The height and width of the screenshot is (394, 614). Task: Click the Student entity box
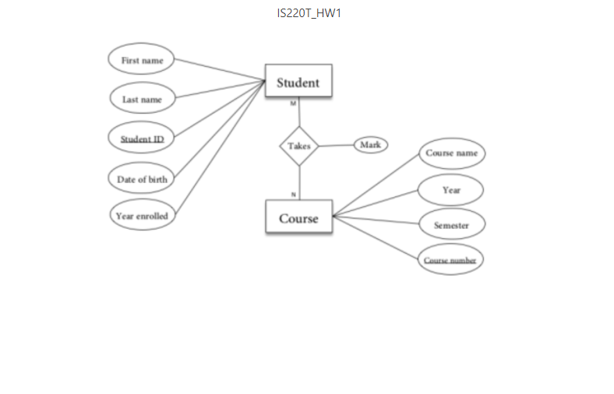(298, 82)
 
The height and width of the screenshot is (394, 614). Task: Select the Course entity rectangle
(298, 218)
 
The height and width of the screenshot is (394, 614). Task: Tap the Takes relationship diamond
(299, 146)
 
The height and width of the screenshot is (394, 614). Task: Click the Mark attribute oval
(371, 145)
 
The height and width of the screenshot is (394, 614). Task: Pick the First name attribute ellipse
(141, 60)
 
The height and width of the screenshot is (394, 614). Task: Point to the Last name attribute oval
(142, 99)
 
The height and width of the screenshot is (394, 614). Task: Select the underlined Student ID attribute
(142, 139)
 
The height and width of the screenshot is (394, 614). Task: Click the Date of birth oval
(142, 179)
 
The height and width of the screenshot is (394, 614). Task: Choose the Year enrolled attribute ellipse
(141, 216)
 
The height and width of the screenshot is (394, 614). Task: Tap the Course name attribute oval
(451, 153)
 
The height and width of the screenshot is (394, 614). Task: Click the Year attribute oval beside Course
(451, 190)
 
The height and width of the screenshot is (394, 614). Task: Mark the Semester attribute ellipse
(451, 225)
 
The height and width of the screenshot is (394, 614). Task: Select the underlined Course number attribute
(450, 260)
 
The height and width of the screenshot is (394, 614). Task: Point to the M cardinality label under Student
(293, 103)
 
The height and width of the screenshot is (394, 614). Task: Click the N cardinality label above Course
(294, 194)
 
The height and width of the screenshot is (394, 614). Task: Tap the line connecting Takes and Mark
(337, 146)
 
